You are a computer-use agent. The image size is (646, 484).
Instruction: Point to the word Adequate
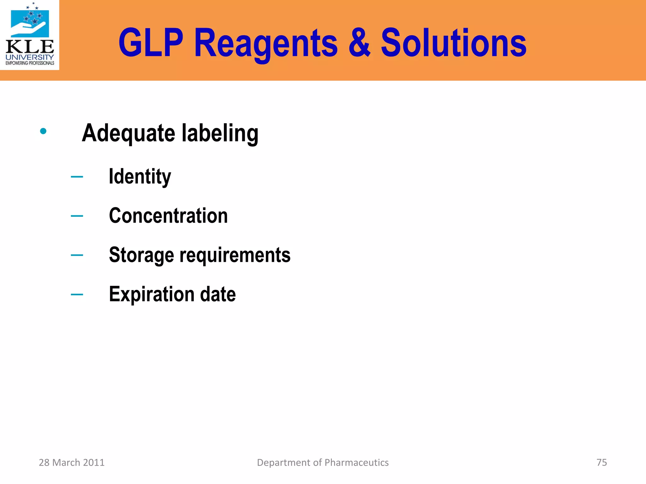click(128, 133)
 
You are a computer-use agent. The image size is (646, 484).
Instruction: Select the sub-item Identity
click(140, 177)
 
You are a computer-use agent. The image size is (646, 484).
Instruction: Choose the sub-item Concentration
click(168, 216)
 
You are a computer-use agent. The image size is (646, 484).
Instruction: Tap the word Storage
click(141, 255)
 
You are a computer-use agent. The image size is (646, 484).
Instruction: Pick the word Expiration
click(151, 294)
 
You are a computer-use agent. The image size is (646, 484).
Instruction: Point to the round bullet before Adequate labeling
click(44, 131)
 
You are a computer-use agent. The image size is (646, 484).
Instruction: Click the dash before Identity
click(77, 177)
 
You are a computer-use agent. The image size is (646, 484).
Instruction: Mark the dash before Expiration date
click(77, 295)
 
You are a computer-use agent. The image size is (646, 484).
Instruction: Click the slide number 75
click(602, 462)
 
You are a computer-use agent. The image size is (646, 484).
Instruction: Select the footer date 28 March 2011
click(72, 462)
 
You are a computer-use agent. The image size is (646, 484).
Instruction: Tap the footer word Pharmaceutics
click(356, 462)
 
